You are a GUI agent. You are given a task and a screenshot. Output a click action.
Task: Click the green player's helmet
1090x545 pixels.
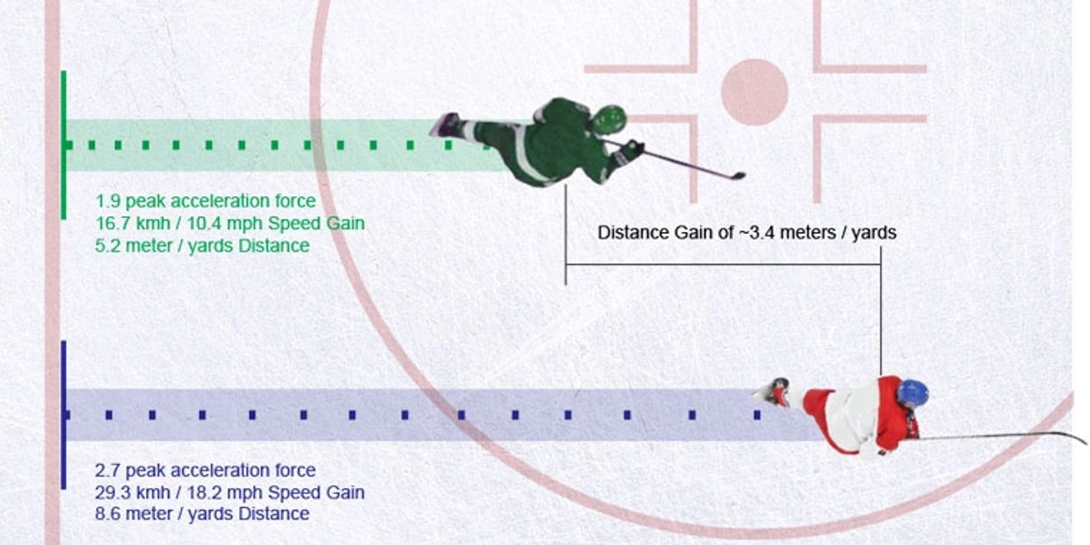point(609,119)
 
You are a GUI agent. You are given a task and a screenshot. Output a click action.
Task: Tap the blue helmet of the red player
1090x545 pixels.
point(912,393)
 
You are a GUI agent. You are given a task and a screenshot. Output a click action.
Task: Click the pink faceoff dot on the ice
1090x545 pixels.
point(754,91)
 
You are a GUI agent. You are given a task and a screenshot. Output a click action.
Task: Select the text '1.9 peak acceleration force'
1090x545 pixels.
point(206,201)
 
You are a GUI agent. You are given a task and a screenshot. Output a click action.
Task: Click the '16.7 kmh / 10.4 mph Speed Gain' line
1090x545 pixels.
point(230,223)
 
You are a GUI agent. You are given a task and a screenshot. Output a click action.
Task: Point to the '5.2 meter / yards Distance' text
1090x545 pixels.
point(202,245)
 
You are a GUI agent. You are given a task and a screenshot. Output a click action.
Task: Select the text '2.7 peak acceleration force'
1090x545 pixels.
point(205,470)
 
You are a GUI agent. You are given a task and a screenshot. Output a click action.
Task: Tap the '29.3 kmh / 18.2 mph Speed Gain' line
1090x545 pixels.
point(229,492)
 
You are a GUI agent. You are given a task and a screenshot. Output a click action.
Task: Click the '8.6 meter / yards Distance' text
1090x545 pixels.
point(202,513)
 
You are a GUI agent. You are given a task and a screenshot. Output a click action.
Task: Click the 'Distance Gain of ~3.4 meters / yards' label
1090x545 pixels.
point(746,233)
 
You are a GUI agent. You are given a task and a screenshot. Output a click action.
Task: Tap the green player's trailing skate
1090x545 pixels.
point(445,125)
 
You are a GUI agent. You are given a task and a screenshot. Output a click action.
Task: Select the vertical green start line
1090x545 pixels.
point(63,145)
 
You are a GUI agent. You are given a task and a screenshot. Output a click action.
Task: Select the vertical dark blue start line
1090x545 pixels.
point(63,414)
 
